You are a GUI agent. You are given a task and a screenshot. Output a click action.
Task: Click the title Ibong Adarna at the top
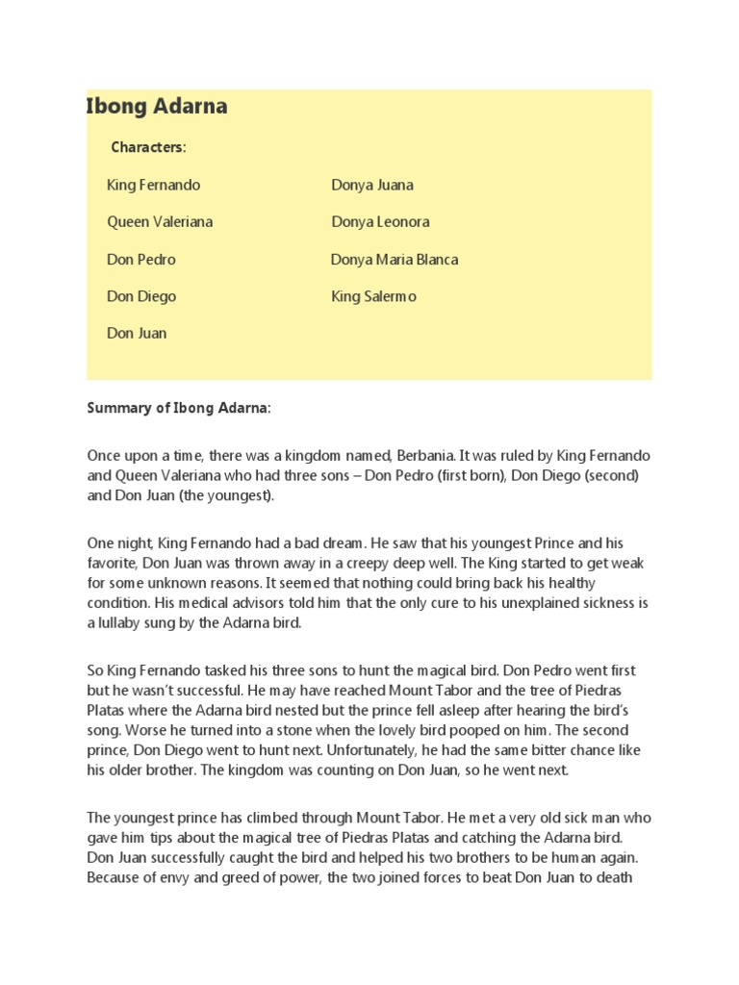(157, 107)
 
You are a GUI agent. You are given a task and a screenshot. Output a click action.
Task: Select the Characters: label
(148, 147)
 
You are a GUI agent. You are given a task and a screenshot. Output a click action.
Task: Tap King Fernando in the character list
(154, 185)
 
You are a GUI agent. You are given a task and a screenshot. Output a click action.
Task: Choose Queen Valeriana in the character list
(160, 222)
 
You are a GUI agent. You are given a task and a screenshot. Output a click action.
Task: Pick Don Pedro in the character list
(141, 260)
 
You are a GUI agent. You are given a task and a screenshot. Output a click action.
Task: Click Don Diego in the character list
(141, 296)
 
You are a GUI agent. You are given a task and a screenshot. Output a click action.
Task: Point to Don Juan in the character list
(137, 334)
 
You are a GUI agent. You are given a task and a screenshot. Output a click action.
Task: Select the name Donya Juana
(372, 185)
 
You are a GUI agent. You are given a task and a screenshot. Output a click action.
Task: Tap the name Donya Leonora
(380, 222)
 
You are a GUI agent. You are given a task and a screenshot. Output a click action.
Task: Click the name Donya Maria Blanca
(395, 260)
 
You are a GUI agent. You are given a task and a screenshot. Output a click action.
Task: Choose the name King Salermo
(374, 296)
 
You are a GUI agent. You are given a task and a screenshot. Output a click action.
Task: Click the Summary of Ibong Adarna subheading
(179, 408)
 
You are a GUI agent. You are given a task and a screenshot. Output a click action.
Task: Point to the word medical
(154, 603)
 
